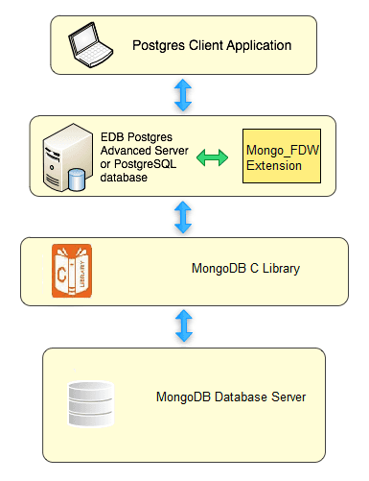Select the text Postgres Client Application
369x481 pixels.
coord(212,44)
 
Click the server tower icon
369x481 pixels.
coord(61,155)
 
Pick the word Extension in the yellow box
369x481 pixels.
coord(274,165)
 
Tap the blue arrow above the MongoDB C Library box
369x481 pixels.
coord(183,217)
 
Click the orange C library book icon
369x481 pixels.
coord(73,270)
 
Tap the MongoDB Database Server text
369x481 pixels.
coord(231,397)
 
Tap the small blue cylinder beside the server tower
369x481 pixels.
coord(77,178)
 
